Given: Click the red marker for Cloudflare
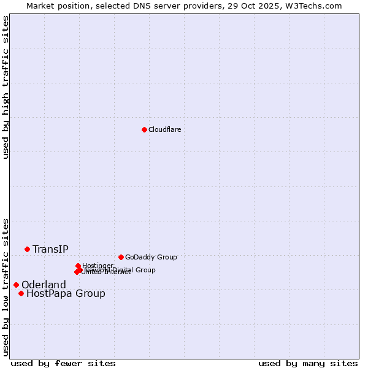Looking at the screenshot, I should tap(144, 129).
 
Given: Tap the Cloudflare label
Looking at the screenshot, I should tap(164, 129).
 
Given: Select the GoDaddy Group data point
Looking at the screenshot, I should tap(121, 257).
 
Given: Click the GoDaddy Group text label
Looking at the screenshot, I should tap(151, 257).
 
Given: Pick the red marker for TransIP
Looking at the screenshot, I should tap(27, 249).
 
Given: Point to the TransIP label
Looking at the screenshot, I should tap(50, 249).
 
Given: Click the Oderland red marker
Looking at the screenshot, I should tap(16, 285).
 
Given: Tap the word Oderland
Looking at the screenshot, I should tap(44, 285).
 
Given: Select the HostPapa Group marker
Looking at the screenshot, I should tap(21, 293).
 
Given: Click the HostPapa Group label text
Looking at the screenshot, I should tap(66, 294).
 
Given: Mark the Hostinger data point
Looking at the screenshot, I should tap(78, 266).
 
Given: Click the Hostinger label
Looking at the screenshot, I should tap(98, 266).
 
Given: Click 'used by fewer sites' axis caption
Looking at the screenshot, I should tap(63, 363).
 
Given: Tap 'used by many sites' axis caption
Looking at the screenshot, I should tap(308, 363).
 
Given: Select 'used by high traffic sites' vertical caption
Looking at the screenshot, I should tap(6, 87).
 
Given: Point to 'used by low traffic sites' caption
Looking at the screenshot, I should tap(6, 287).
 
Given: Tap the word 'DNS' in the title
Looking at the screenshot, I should tap(147, 6).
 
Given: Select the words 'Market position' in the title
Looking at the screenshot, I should tap(54, 6).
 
